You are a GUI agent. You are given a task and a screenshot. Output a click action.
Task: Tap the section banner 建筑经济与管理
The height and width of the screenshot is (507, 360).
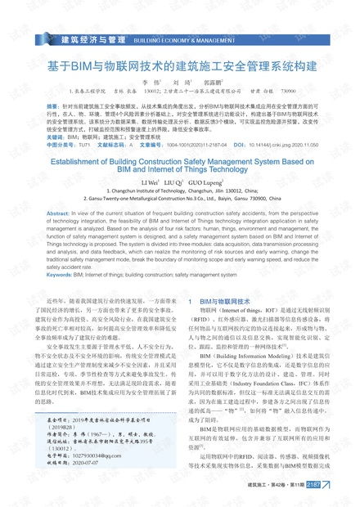coord(93,38)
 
